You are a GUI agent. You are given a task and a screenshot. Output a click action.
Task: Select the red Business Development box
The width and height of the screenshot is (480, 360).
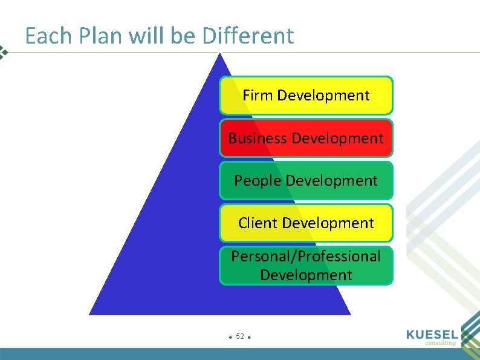(306, 138)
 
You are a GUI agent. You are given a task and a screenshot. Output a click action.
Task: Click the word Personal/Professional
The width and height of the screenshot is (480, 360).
(306, 257)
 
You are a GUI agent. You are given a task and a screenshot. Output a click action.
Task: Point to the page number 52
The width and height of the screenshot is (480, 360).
(240, 336)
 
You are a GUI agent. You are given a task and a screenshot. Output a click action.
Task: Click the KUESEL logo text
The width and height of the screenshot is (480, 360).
(432, 334)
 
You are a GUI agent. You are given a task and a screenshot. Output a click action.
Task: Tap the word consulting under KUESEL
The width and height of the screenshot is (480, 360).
(440, 343)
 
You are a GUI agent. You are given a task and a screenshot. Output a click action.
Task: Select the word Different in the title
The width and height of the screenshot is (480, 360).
(248, 36)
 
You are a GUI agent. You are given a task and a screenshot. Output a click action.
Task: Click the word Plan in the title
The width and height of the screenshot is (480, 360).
(94, 36)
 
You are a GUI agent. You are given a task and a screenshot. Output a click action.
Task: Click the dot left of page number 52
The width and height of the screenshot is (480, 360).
(231, 337)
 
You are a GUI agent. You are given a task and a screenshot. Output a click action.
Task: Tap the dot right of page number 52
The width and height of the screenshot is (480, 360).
(249, 337)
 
